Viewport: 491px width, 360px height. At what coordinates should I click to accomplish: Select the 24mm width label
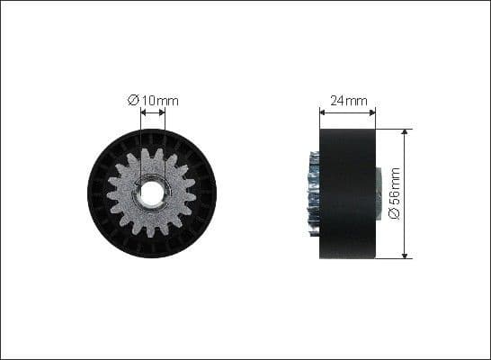[347, 102]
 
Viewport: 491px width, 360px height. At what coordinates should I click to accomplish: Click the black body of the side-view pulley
[347, 193]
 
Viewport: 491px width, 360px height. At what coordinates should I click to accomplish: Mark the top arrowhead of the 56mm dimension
[406, 133]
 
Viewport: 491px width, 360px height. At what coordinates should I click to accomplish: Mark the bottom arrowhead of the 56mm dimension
[406, 254]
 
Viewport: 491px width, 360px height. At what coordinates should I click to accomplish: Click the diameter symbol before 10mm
[132, 101]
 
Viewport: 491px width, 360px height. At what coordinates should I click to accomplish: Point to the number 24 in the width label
[340, 102]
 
